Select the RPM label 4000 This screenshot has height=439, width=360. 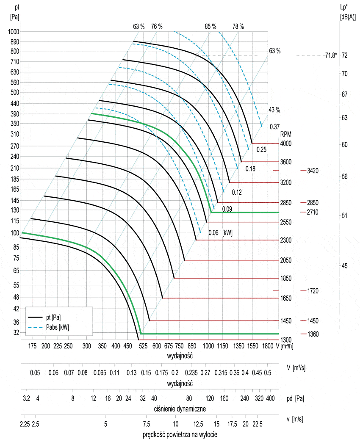(x=285, y=144)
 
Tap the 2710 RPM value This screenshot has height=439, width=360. (x=313, y=212)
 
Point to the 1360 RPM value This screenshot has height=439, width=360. (x=313, y=334)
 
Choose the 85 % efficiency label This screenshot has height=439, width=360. (x=210, y=26)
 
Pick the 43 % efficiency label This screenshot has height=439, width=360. (x=274, y=110)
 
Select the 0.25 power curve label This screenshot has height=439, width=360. (x=261, y=149)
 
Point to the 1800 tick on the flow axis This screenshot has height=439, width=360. (x=268, y=346)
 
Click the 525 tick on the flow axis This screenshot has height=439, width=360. (x=143, y=346)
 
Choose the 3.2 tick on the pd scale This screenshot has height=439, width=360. (x=26, y=398)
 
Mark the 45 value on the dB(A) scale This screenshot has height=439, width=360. (x=344, y=266)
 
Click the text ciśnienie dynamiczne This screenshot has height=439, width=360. (x=180, y=409)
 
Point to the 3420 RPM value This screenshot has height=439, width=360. (x=313, y=171)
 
